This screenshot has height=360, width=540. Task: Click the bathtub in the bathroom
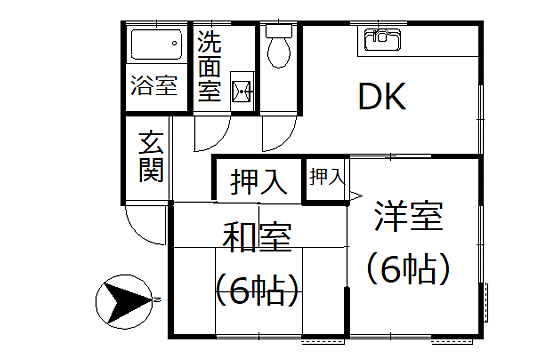[x=154, y=45]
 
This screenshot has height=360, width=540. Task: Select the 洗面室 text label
[x=209, y=66]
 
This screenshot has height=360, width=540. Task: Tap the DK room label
[x=381, y=98]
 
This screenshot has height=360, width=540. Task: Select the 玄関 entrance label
[x=150, y=156]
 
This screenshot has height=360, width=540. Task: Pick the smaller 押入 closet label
[x=325, y=178]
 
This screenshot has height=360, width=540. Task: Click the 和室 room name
[x=256, y=238]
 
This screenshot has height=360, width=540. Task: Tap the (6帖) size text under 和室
[x=257, y=291]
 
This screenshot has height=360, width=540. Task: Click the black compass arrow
[x=125, y=298]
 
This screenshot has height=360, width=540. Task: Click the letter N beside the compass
[x=158, y=298]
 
